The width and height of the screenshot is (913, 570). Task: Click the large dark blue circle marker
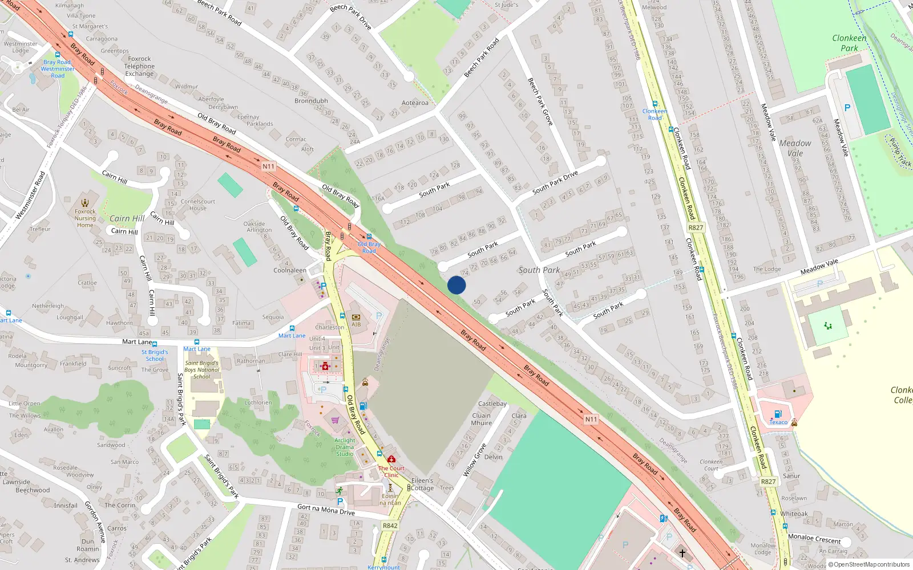[x=457, y=285]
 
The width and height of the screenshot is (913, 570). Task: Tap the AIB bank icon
[x=356, y=317]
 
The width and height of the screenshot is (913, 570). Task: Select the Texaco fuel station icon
[x=778, y=414]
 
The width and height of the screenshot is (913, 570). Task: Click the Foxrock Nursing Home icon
[x=85, y=203]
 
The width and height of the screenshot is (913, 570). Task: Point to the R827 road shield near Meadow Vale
[x=696, y=227]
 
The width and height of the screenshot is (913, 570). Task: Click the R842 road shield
[x=390, y=526]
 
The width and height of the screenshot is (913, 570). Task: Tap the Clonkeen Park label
[x=849, y=43]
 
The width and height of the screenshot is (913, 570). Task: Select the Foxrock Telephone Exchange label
[x=140, y=66]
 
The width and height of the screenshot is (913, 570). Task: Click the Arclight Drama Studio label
[x=345, y=447]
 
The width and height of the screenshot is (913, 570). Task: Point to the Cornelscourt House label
[x=198, y=205]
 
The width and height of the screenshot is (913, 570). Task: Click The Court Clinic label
[x=391, y=471]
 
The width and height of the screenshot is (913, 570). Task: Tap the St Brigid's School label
[x=155, y=355]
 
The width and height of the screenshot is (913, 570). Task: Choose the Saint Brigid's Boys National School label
[x=201, y=369]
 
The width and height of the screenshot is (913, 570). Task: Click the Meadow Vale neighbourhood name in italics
[x=795, y=148]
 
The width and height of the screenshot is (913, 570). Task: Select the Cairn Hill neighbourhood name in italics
[x=127, y=218]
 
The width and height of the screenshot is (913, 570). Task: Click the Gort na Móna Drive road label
[x=326, y=509]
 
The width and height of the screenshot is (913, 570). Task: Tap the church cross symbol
[x=682, y=552]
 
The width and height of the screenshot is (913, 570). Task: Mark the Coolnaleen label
[x=290, y=270]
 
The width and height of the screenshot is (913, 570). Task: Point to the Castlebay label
[x=492, y=404]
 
